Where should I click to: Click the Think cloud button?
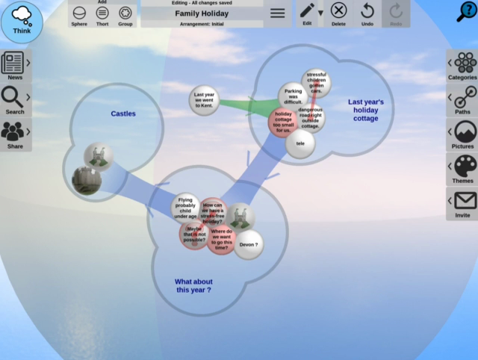22,21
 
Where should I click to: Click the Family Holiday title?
202,13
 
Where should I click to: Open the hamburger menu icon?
277,13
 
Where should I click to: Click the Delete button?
338,13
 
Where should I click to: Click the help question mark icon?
467,12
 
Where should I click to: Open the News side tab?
15,66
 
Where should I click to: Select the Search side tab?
15,100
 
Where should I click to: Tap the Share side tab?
15,134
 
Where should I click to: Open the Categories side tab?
463,66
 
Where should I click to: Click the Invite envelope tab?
463,203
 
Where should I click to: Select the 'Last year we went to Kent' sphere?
203,101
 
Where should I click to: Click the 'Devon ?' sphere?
248,244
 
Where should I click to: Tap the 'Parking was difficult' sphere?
293,96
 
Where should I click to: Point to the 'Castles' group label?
123,114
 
